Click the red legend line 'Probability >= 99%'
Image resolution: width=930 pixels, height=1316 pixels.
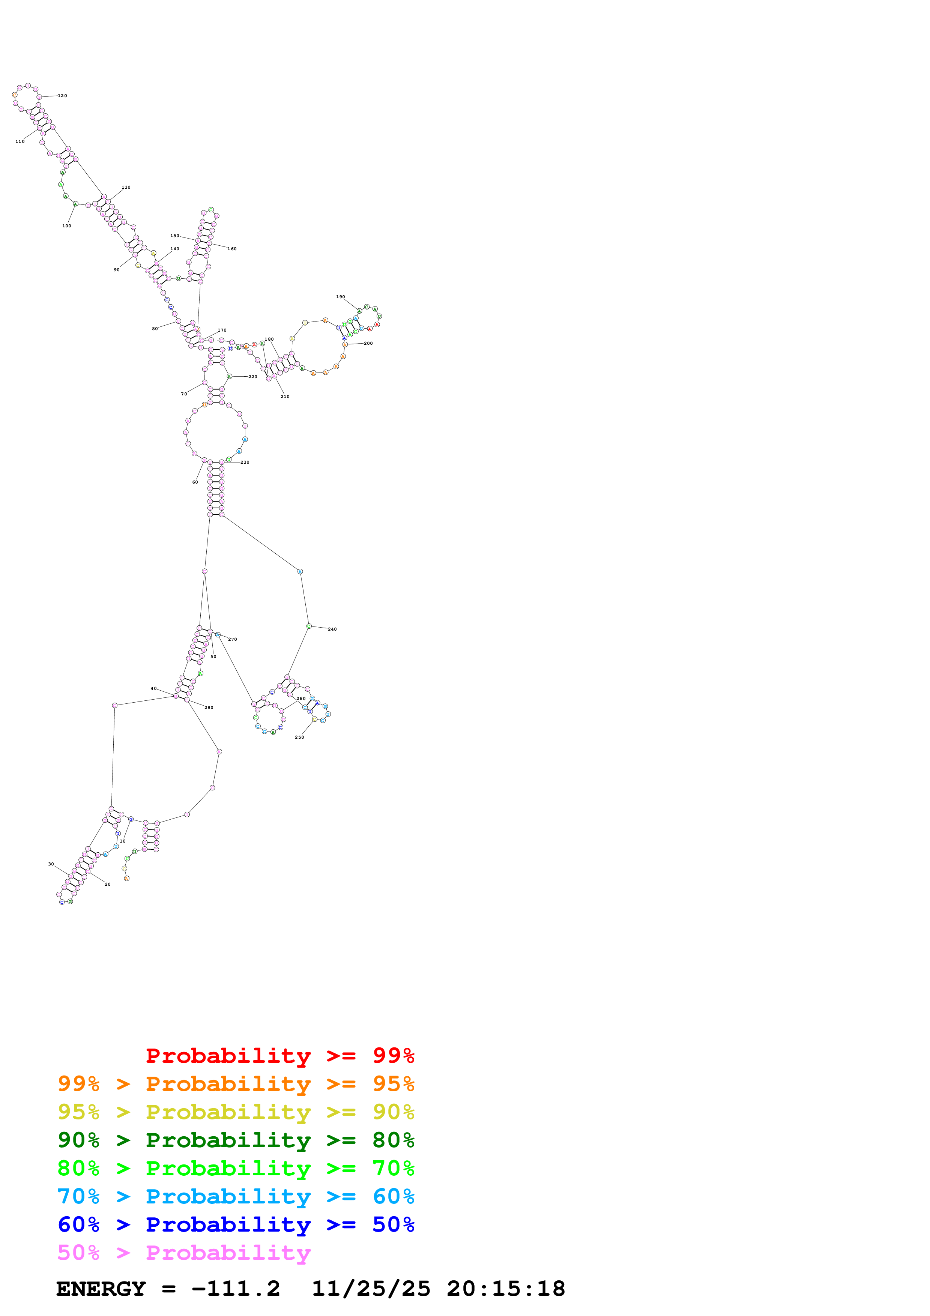pos(279,1056)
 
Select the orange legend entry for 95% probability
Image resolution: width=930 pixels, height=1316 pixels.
pos(236,1084)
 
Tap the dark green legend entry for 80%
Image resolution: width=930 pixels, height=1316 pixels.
pos(236,1140)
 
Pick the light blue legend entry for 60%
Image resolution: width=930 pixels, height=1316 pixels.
pos(236,1196)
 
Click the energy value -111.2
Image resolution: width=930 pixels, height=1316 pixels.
pos(236,1289)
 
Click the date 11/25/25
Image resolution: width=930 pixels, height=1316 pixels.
pos(371,1289)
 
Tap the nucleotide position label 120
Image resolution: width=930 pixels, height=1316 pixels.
pos(62,96)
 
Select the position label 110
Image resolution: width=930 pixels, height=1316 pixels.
pos(20,141)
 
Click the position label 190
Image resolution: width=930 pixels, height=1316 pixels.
pos(340,297)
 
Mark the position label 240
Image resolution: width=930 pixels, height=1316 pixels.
pos(332,629)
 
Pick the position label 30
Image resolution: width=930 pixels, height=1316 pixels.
pos(51,864)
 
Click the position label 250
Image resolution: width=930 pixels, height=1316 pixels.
pos(299,737)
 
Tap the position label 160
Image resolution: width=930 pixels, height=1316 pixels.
pos(232,249)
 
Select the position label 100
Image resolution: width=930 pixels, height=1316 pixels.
pos(66,226)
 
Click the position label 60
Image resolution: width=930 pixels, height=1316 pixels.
pos(195,482)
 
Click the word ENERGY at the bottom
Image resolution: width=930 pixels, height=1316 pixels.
pos(101,1289)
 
